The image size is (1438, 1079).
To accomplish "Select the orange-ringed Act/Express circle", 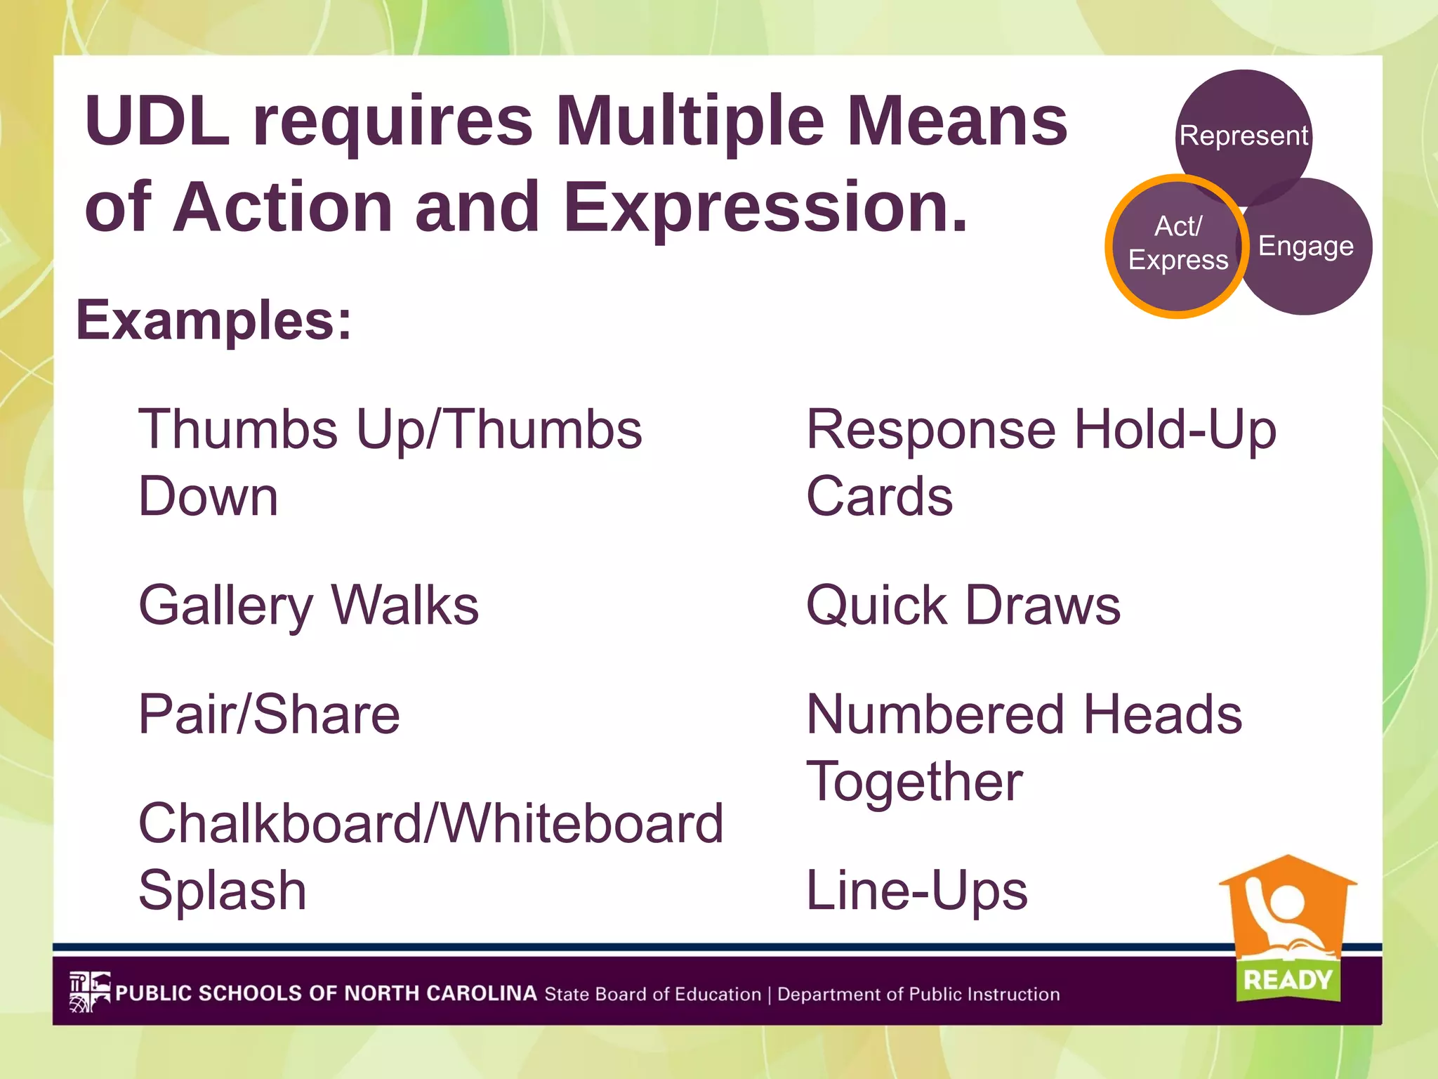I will point(1178,246).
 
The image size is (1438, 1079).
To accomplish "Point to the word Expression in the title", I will point(765,207).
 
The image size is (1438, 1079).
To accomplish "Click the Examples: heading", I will point(213,320).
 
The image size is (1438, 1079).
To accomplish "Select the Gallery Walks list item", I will point(308,606).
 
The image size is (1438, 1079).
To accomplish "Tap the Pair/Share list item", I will point(269,714).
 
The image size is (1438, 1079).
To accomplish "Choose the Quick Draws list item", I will point(963,606).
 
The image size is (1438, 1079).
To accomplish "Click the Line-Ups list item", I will point(916,891).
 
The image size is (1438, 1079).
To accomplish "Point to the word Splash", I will point(223,891).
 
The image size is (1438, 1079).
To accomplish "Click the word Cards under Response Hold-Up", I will point(879,497).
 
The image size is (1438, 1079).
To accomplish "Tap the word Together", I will point(914,782).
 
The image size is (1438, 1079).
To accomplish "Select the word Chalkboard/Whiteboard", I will point(430,823).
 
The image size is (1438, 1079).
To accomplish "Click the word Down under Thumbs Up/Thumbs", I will point(209,497).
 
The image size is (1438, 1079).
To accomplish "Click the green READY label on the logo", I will point(1287,979).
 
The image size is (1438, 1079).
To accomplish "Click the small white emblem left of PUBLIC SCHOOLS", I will point(89,992).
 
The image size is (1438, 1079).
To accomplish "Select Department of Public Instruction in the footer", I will point(918,995).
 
